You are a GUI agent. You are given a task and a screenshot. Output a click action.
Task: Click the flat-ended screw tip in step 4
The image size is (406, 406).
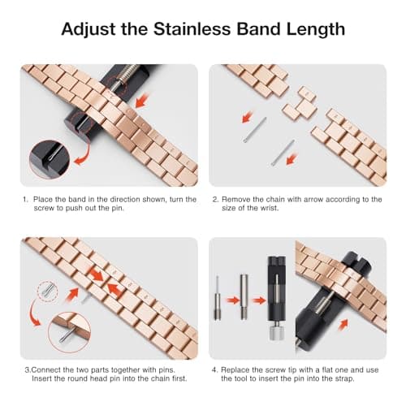(242, 297)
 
